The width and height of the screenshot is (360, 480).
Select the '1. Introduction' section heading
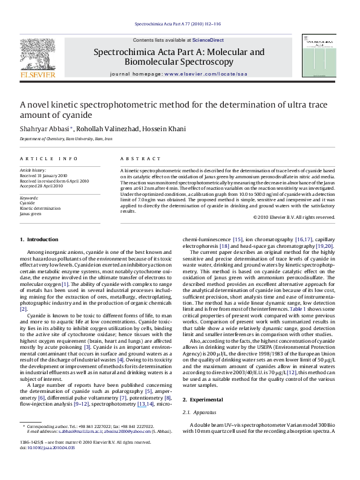pos(41,240)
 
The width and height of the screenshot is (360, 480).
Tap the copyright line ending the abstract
pos(293,216)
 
